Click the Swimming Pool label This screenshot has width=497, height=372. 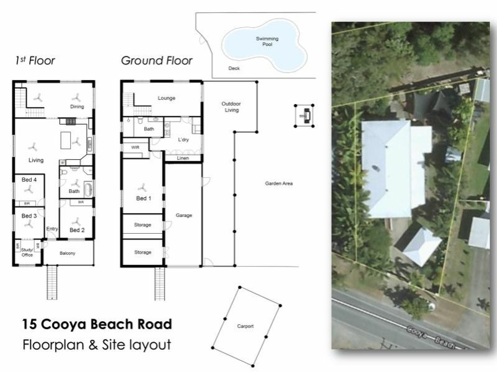[267, 41]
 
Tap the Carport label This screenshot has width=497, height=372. [245, 325]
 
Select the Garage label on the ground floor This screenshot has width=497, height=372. [183, 215]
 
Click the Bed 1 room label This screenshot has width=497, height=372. [143, 198]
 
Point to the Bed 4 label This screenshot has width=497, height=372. [29, 179]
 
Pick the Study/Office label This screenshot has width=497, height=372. [27, 252]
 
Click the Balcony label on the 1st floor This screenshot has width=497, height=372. [68, 253]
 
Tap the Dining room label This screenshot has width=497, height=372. [76, 107]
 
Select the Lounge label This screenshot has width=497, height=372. [166, 98]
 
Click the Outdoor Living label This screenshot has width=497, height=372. [231, 107]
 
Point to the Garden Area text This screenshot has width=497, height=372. [278, 184]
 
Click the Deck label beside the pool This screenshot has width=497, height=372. [234, 68]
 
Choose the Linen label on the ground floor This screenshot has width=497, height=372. [183, 158]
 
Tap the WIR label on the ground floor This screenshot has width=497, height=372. [135, 148]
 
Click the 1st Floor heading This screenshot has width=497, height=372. [35, 61]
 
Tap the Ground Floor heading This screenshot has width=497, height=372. [156, 61]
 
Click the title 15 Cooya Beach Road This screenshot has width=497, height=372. [96, 324]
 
